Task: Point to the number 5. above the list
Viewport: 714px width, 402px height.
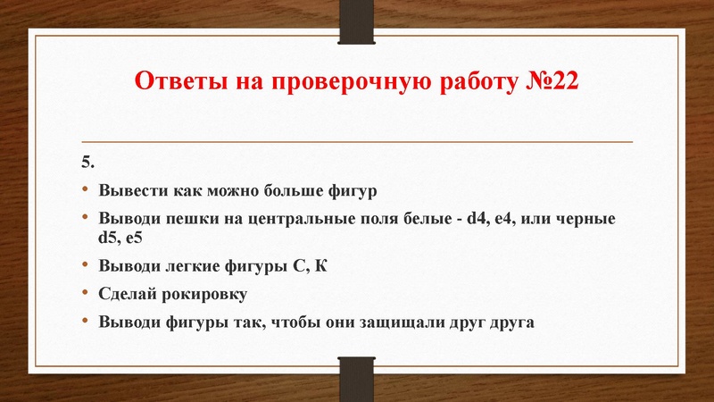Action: (x=87, y=162)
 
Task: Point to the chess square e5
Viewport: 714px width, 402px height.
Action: (x=135, y=238)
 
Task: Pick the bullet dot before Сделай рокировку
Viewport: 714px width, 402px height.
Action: (x=86, y=294)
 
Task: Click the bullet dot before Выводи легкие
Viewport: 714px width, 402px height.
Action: (x=86, y=266)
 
